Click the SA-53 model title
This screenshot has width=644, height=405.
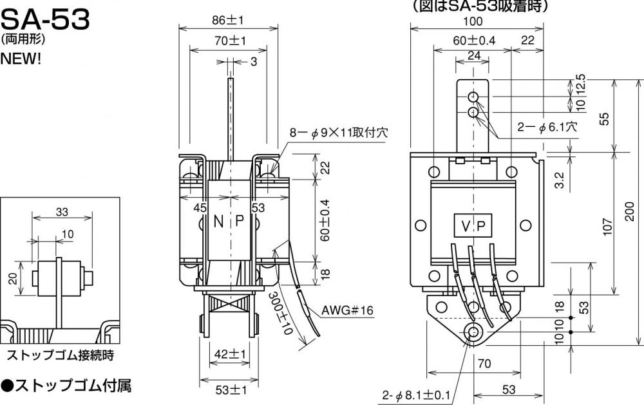click(45, 19)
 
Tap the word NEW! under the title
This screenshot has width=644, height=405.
click(21, 59)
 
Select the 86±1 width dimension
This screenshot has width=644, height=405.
click(228, 20)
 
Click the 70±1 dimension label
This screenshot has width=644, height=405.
click(230, 41)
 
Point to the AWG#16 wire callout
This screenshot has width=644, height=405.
click(347, 310)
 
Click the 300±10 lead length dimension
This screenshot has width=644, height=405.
click(281, 313)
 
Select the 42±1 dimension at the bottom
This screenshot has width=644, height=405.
click(230, 353)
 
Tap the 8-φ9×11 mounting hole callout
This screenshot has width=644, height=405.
click(339, 132)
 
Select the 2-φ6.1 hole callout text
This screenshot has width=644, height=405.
click(547, 127)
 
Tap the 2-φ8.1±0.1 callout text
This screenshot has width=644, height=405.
click(417, 395)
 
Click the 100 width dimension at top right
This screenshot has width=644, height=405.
click(473, 21)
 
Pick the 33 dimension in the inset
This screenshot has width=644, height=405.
click(62, 212)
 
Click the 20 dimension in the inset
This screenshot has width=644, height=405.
click(13, 279)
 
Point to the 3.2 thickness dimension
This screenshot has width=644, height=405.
click(560, 180)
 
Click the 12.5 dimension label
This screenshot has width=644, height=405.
click(580, 84)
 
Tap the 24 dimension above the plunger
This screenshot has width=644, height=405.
click(474, 55)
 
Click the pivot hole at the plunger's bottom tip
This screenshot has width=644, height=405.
click(473, 331)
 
